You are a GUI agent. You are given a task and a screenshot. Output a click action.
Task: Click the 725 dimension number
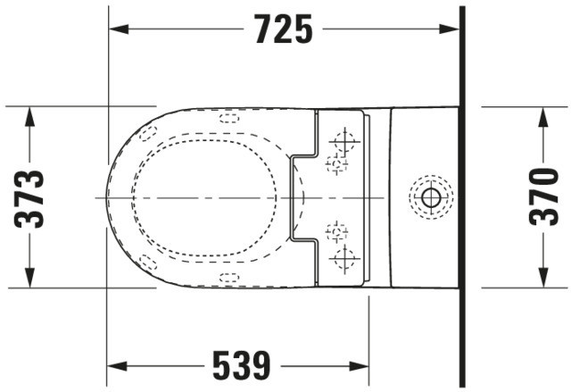pos(284,29)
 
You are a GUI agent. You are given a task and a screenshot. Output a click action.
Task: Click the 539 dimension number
pos(242,366)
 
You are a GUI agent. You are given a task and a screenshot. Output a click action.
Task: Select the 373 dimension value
pos(29,199)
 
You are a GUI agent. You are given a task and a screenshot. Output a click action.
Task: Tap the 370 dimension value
pos(543,196)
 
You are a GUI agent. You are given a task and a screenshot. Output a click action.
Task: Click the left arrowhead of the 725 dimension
pos(119,29)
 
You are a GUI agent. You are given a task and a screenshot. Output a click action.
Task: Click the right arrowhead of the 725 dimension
pos(449,29)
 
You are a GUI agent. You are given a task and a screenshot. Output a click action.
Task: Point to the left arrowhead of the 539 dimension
pos(117,366)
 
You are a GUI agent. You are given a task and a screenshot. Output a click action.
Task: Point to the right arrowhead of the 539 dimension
pos(359,366)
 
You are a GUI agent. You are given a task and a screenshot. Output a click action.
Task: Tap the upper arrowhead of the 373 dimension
pos(29,117)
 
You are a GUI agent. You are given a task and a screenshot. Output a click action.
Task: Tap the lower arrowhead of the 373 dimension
pos(29,278)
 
